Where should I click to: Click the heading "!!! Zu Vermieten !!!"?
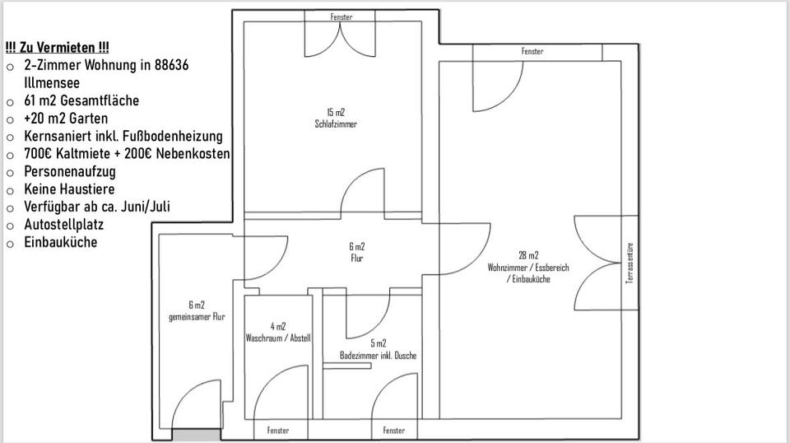tap(57, 48)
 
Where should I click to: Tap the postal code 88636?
tap(171, 65)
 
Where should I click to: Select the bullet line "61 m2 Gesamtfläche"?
tap(81, 100)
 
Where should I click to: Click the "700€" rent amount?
tap(39, 154)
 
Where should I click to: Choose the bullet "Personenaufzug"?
tap(70, 171)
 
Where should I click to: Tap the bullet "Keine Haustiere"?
tap(69, 189)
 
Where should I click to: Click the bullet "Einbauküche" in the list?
tap(61, 242)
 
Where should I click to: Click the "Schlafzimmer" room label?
tap(336, 124)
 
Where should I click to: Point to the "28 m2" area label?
tap(528, 255)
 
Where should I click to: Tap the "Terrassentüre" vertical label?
tap(630, 263)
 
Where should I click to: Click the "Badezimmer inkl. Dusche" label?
tap(379, 356)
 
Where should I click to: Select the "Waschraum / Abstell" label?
tap(278, 338)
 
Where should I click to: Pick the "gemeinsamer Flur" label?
tap(197, 317)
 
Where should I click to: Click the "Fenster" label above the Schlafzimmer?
tap(342, 17)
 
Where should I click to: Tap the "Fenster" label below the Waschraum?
tap(278, 431)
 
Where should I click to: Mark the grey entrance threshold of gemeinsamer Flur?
tap(197, 435)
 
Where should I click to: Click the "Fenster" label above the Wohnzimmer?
tap(532, 52)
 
